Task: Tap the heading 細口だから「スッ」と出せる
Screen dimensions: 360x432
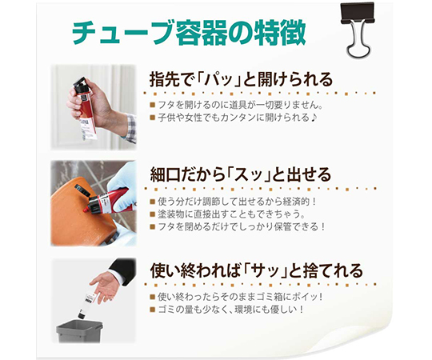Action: (x=240, y=174)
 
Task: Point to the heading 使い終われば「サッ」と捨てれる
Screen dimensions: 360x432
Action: (x=256, y=270)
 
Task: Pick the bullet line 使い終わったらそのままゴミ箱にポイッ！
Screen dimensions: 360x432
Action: (x=240, y=297)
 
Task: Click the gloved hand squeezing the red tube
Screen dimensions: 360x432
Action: (x=120, y=194)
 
